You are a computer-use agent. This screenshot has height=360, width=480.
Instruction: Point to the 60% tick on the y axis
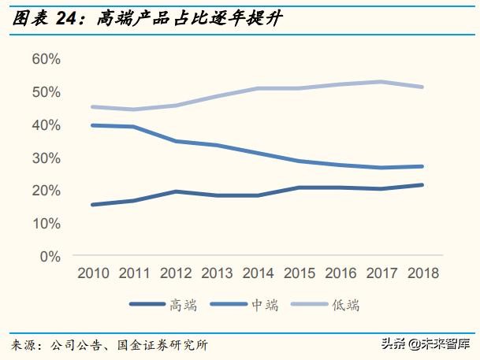tap(47, 59)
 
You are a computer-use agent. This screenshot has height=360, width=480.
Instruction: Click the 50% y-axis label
tap(47, 92)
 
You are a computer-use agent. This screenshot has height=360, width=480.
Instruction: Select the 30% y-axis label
tap(47, 158)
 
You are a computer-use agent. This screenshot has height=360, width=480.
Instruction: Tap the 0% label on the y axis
tap(50, 256)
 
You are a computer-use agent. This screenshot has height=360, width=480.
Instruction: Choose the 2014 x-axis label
tap(259, 273)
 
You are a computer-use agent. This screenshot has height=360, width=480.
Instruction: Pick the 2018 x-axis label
tap(422, 273)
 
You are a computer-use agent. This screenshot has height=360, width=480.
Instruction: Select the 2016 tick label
tap(340, 273)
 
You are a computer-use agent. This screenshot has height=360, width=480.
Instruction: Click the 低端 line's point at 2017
tap(381, 81)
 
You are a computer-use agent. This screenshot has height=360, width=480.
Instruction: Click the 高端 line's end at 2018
tap(422, 185)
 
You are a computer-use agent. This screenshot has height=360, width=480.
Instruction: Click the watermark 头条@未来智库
tap(426, 344)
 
